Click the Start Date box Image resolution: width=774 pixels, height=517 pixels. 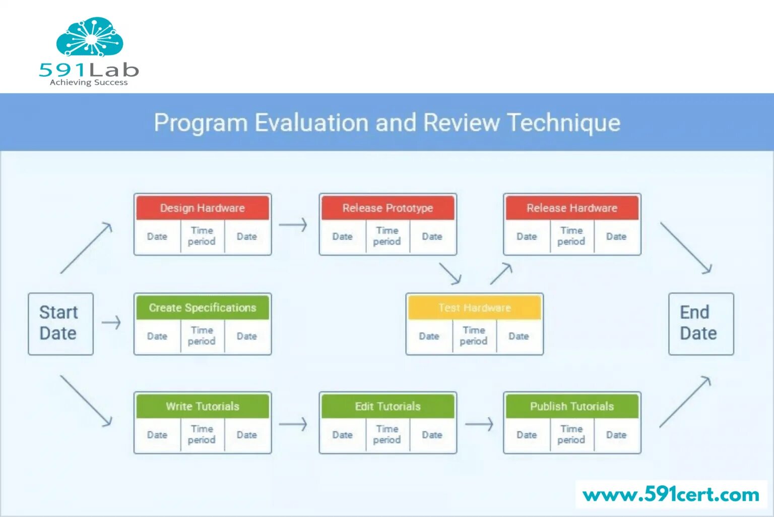[60, 323]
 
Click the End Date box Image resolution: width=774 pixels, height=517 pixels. [700, 323]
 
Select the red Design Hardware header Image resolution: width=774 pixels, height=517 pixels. [202, 208]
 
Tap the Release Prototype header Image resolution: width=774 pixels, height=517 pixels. [388, 208]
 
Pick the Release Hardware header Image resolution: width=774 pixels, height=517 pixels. [572, 208]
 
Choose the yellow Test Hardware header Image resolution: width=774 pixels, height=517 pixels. [474, 308]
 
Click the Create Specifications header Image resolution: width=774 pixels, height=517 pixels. [202, 308]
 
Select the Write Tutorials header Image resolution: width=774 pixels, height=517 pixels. [202, 407]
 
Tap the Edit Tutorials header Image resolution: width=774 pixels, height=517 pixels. [388, 407]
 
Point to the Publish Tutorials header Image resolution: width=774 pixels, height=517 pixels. [572, 407]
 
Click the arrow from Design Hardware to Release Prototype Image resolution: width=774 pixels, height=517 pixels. [293, 224]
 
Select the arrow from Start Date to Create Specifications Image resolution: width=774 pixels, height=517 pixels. [111, 322]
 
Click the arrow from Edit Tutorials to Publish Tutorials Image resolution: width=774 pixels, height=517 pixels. [479, 424]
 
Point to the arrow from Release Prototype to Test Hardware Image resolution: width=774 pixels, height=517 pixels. [450, 273]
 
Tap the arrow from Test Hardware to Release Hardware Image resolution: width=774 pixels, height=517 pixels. [501, 273]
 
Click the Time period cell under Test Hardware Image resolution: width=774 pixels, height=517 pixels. [474, 336]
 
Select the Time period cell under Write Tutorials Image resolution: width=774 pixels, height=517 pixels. [202, 434]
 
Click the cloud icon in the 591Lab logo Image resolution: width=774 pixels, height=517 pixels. [90, 37]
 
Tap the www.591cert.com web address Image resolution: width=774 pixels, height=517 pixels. [671, 495]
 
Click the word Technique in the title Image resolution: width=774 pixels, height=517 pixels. [563, 123]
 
